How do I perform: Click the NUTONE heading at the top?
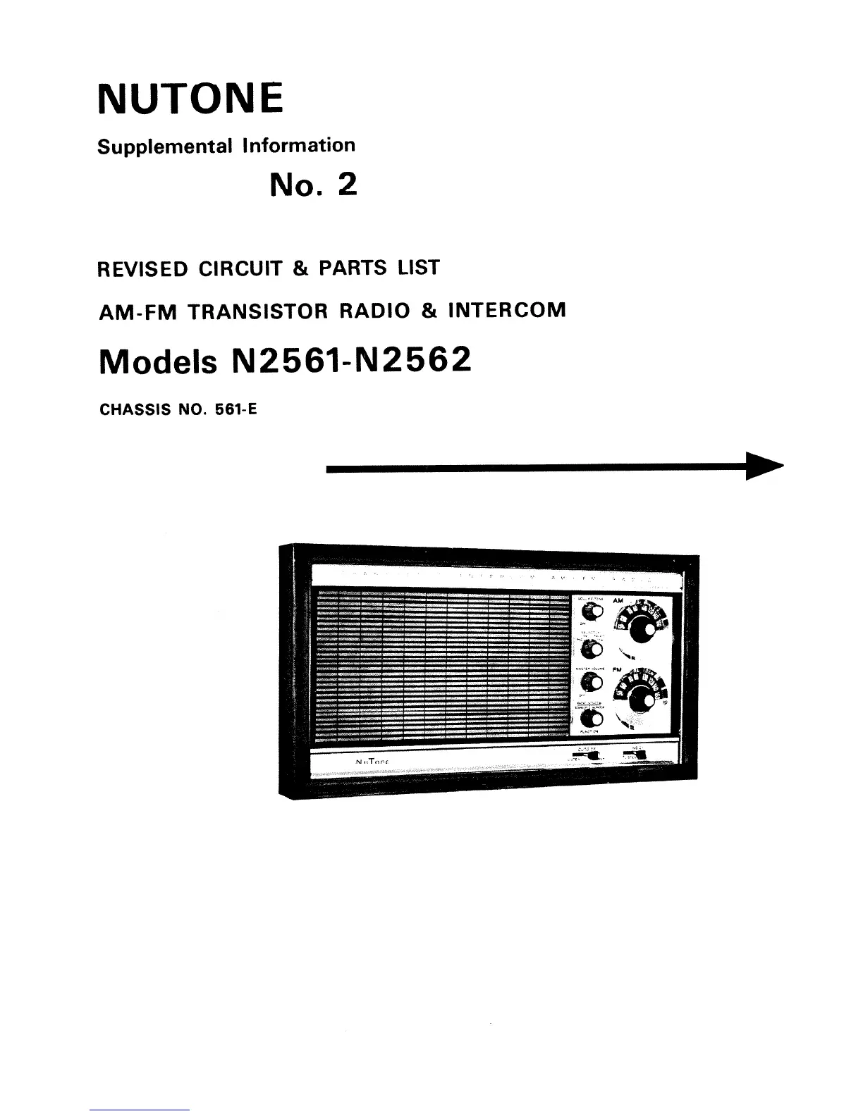pyautogui.click(x=190, y=98)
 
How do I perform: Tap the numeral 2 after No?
pyautogui.click(x=347, y=185)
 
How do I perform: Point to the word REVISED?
pyautogui.click(x=142, y=269)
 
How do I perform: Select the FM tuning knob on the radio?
pyautogui.click(x=641, y=700)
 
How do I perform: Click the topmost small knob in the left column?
pyautogui.click(x=591, y=611)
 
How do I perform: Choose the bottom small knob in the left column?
pyautogui.click(x=592, y=719)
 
